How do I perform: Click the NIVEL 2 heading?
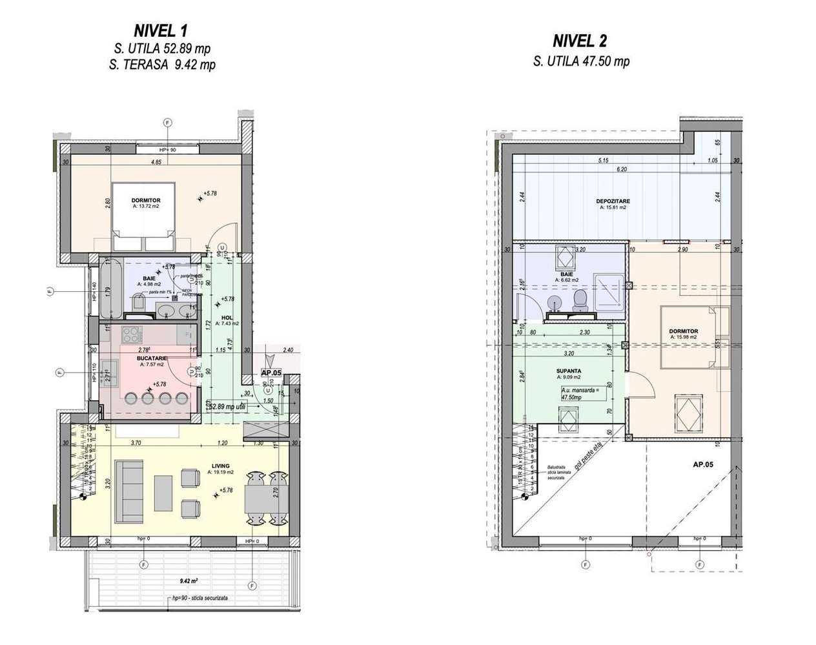[x=580, y=41]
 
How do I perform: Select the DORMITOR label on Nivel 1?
[x=146, y=201]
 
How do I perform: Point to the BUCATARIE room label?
[x=152, y=358]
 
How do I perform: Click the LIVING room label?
[x=219, y=466]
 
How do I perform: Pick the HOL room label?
[x=227, y=318]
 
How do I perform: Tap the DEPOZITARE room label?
[x=613, y=201]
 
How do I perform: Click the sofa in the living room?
[x=128, y=492]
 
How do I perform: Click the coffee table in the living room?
[x=163, y=492]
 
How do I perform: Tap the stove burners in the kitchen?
[x=132, y=335]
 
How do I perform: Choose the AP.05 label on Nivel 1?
[x=271, y=373]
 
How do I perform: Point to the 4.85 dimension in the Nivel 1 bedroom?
[x=156, y=163]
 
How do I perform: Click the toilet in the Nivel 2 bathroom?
[x=580, y=300]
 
